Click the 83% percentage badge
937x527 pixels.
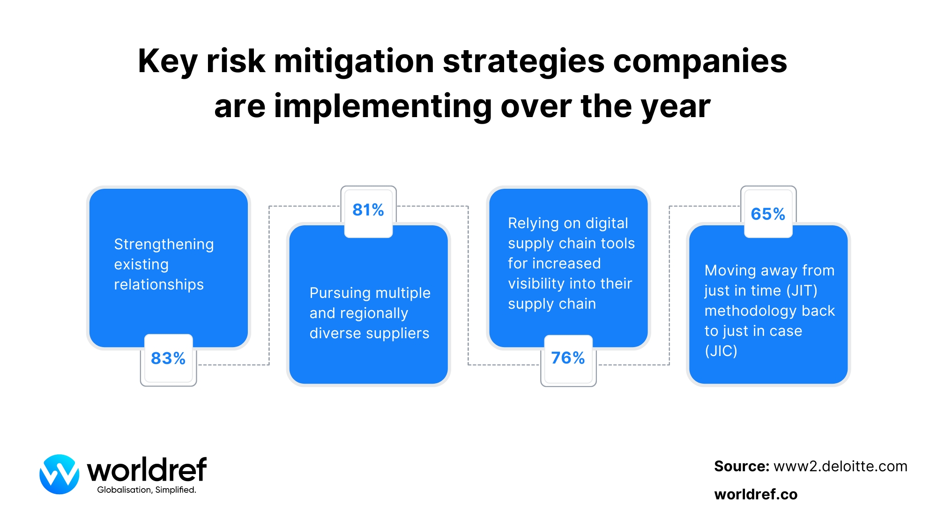click(168, 358)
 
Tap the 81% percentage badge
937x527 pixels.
click(368, 210)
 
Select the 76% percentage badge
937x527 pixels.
click(568, 358)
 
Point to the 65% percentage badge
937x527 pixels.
click(768, 214)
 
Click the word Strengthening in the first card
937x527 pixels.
click(164, 245)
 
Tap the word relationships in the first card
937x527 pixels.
click(159, 285)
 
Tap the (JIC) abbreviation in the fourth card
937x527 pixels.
click(721, 351)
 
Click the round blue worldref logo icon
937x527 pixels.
click(59, 474)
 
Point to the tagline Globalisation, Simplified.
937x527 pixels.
click(147, 490)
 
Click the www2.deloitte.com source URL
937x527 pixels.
click(840, 467)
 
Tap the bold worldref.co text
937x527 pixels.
click(756, 495)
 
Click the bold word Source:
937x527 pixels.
click(742, 467)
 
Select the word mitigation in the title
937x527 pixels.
click(354, 61)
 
